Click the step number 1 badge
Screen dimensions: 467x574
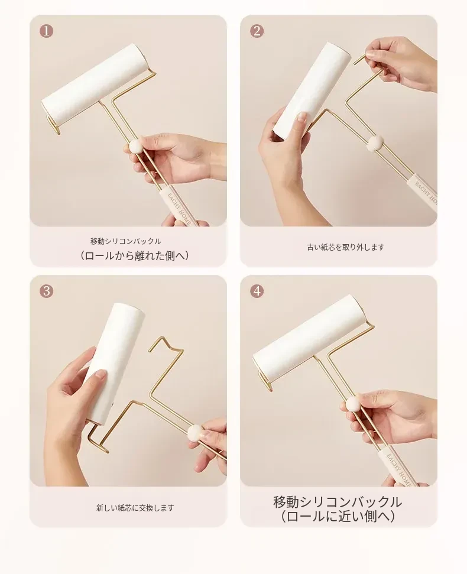pyautogui.click(x=47, y=31)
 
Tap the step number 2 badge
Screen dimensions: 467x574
pyautogui.click(x=257, y=31)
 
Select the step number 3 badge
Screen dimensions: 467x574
pyautogui.click(x=47, y=291)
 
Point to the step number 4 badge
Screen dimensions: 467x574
pyautogui.click(x=257, y=291)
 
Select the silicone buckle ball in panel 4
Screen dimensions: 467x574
pyautogui.click(x=353, y=404)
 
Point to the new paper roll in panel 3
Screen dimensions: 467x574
pyautogui.click(x=113, y=362)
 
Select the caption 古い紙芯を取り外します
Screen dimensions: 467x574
pyautogui.click(x=346, y=248)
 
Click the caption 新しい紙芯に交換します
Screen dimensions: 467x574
pyautogui.click(x=135, y=508)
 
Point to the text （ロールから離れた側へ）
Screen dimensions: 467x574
pyautogui.click(x=135, y=255)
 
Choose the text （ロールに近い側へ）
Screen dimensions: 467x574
pyautogui.click(x=338, y=517)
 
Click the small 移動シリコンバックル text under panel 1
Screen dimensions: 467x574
pyautogui.click(x=125, y=241)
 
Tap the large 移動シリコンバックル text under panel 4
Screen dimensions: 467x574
pyautogui.click(x=338, y=502)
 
